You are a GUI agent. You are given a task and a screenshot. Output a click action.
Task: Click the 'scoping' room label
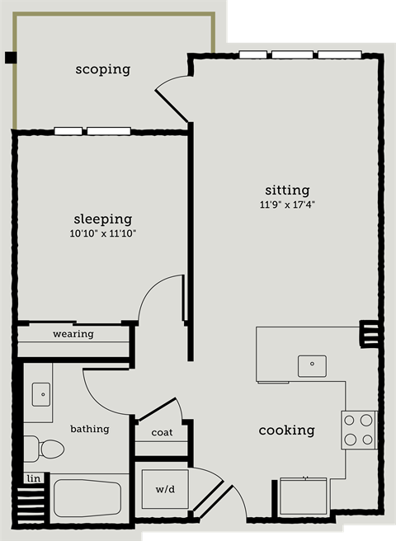pos(102,69)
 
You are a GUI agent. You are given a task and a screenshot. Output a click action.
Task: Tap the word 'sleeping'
pos(103,219)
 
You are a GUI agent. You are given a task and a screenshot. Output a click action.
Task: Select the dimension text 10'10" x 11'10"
pos(103,234)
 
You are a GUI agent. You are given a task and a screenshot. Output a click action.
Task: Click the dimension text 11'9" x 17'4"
pos(287,204)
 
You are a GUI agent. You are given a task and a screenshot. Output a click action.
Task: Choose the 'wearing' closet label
pos(73,334)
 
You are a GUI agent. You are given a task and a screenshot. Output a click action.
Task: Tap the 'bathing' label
pos(89,429)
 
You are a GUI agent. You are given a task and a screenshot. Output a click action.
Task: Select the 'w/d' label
pos(164,489)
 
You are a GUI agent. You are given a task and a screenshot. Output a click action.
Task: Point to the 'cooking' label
pos(286,430)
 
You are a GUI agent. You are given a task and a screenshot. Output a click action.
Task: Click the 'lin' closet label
pos(33,478)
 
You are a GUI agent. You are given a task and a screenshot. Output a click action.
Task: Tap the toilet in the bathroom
pos(45,449)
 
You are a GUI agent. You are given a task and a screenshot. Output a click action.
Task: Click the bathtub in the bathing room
pos(87,498)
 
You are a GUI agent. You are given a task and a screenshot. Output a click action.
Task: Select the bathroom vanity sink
pos(41,394)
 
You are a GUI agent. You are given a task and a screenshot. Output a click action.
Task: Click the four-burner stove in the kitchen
pos(359,430)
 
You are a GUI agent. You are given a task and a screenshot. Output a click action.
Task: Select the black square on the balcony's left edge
pos(10,57)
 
